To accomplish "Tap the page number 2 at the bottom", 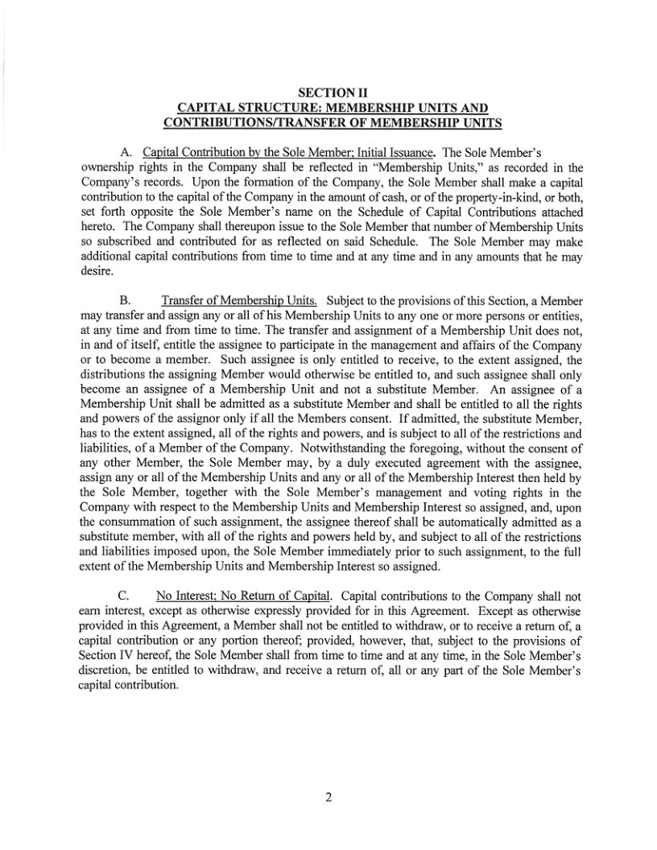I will (328, 798).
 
